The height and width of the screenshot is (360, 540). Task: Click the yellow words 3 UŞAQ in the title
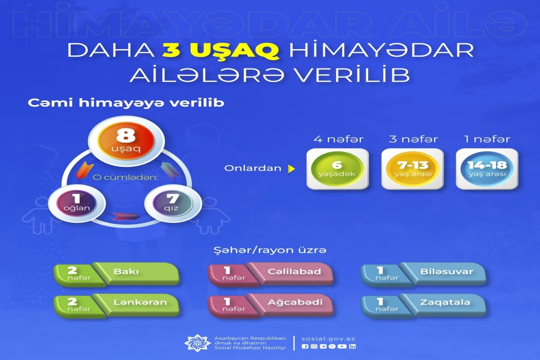coord(220,50)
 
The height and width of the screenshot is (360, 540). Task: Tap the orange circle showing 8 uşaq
coord(126,141)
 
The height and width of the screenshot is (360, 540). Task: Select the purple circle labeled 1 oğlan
coord(76,203)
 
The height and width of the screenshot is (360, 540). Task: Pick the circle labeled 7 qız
coord(173,203)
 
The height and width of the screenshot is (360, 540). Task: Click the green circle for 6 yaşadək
coord(337,169)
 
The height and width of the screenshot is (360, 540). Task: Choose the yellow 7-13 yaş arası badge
coord(413,169)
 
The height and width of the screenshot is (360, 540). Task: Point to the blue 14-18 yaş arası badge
coord(487,169)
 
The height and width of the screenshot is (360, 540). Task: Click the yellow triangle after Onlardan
coord(292,169)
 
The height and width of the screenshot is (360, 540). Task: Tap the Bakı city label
coord(126,271)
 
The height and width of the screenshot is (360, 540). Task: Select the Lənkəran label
coord(140,302)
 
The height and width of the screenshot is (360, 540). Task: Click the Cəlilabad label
coord(294,271)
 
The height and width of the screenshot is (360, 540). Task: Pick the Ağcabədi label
coord(295,302)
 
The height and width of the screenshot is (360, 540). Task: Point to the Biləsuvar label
coord(447,271)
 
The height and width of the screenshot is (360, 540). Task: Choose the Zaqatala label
coord(445,302)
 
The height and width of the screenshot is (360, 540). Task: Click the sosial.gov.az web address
coord(328,339)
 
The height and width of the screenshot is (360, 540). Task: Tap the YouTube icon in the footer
coord(342,346)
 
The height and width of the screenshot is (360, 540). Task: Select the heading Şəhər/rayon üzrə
coord(270,250)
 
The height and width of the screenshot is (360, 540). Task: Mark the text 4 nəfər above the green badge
coord(338,139)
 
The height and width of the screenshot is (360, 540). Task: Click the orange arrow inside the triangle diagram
coord(85,170)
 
